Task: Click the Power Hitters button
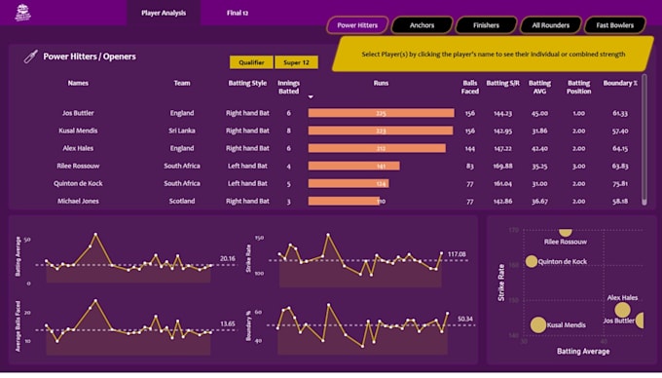tap(356, 24)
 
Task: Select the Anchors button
tap(422, 24)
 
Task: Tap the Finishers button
tap(486, 24)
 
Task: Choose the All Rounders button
tap(551, 24)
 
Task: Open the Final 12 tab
tap(237, 13)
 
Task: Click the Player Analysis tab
tap(164, 13)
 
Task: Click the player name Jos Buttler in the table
tap(78, 113)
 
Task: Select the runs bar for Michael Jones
tap(344, 201)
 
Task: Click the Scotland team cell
tap(182, 201)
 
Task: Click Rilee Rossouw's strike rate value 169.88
tap(503, 166)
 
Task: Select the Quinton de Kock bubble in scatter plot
tap(532, 261)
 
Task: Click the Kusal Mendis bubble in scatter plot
tap(537, 325)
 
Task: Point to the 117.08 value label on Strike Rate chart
tap(458, 255)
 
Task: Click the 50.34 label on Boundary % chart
tap(464, 319)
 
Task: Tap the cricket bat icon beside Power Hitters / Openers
tap(30, 57)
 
